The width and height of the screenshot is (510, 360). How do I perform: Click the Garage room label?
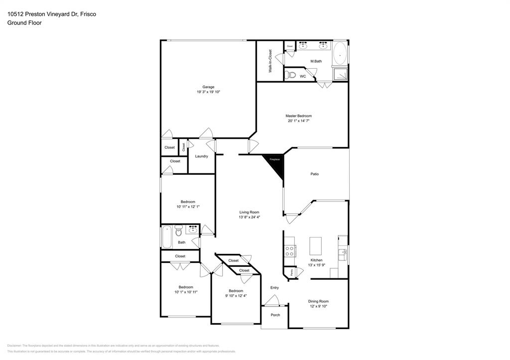coord(208,87)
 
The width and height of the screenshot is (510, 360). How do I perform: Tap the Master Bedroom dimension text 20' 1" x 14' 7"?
coord(298,121)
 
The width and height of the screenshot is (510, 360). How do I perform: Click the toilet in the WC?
coord(291,76)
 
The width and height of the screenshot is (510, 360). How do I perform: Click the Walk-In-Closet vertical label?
coord(270,61)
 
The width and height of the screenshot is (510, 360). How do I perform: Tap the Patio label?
coord(314,174)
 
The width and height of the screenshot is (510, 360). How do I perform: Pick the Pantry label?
coord(291,273)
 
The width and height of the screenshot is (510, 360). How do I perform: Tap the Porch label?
coord(275,315)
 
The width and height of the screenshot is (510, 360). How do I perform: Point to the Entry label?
coord(274,288)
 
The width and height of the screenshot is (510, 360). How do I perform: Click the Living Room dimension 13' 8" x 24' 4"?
coord(249,217)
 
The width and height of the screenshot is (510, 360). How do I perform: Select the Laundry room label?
coord(201,156)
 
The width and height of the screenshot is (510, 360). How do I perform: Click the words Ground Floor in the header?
coord(24,23)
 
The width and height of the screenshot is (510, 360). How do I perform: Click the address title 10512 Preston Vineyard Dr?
coord(43,14)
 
